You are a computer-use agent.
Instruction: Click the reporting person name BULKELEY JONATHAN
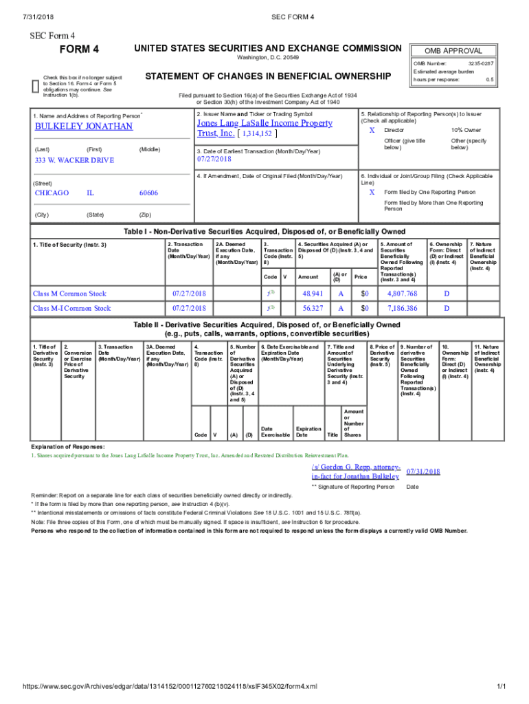(x=84, y=126)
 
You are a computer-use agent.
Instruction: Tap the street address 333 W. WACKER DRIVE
(x=75, y=160)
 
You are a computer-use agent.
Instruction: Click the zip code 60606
(x=148, y=193)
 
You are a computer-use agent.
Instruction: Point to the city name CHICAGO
(x=52, y=193)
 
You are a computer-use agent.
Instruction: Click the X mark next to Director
(x=372, y=130)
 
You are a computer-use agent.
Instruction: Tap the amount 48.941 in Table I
(x=313, y=294)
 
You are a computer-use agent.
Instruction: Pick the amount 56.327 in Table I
(x=313, y=309)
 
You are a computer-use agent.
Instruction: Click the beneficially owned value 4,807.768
(x=402, y=294)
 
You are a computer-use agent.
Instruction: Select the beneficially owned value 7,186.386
(x=402, y=309)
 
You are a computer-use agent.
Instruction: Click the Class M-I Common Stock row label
(x=72, y=309)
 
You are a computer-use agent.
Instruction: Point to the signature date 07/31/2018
(x=423, y=472)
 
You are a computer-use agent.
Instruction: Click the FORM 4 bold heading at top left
(x=80, y=49)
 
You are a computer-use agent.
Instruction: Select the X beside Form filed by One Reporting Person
(x=372, y=192)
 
